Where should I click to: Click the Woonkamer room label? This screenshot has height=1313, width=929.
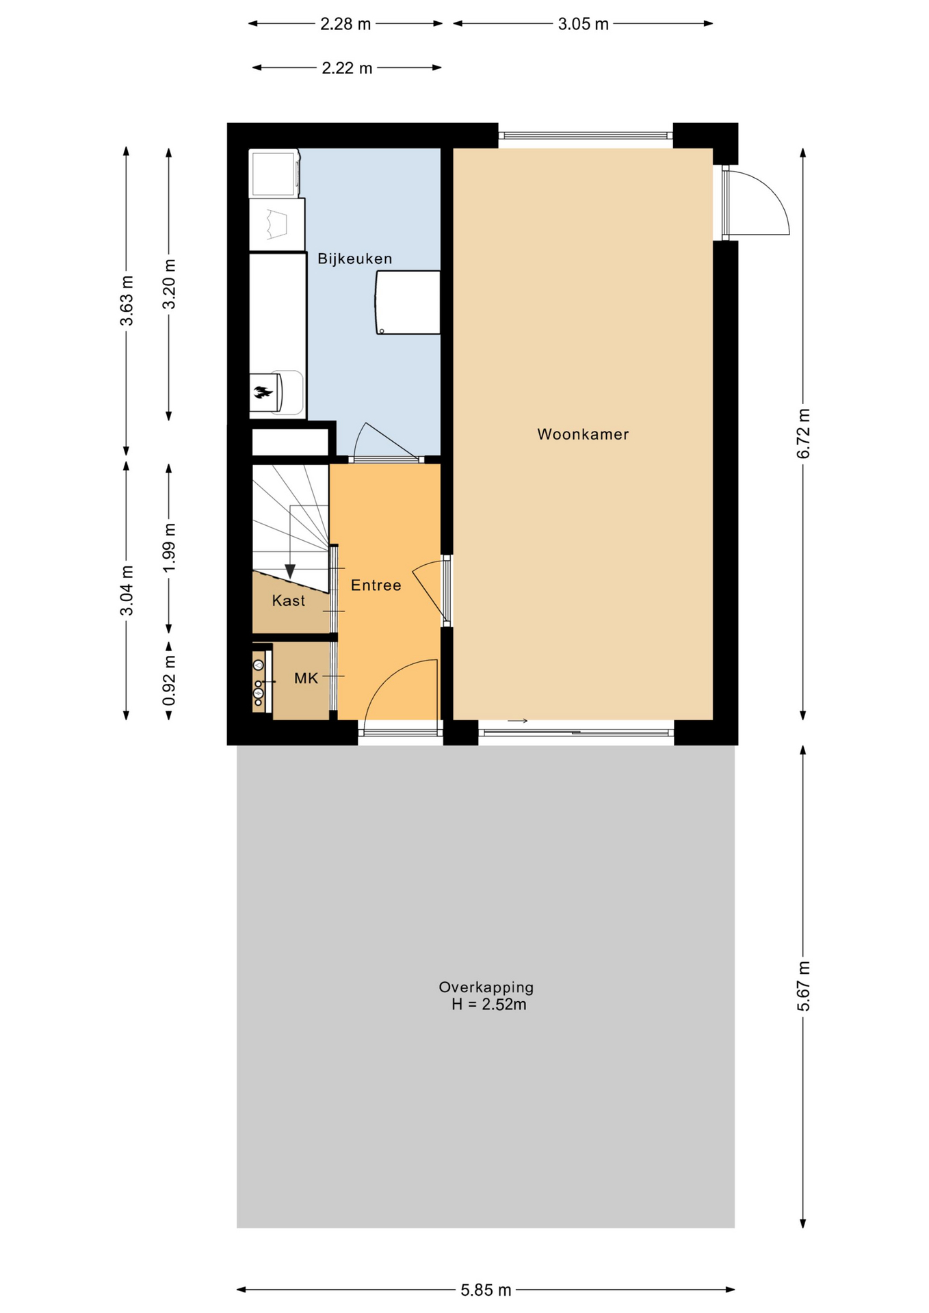582,434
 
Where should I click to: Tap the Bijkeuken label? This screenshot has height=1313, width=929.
354,258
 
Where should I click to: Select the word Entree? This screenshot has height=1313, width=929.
376,585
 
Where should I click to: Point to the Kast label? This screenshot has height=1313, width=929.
288,600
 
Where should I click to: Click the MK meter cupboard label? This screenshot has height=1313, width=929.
306,678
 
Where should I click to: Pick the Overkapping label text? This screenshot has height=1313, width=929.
486,987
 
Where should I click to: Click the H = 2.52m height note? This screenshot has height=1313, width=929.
488,1004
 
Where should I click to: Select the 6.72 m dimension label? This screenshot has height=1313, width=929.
803,434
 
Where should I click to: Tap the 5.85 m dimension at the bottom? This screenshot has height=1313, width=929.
486,1290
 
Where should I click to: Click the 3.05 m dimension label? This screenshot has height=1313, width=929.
583,24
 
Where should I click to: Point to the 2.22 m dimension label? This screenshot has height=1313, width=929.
347,68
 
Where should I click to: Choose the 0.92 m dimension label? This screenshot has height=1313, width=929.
169,680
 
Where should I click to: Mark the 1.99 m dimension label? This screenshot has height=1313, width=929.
169,548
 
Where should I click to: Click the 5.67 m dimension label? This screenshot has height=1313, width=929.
803,986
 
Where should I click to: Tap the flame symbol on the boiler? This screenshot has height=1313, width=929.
263,393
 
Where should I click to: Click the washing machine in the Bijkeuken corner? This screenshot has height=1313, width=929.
274,173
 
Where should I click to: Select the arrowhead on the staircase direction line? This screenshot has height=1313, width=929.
290,571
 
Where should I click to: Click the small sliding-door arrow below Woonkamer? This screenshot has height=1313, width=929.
517,721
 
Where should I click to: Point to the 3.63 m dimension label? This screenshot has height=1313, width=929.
127,301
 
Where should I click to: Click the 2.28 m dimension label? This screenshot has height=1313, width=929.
345,24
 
